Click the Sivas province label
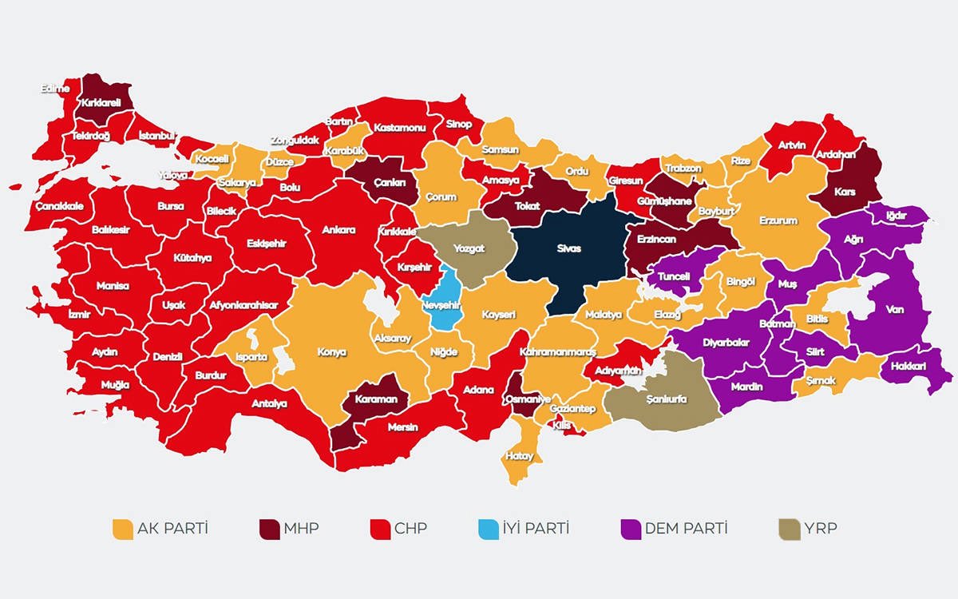[569, 249]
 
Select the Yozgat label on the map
[469, 249]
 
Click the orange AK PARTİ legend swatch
[123, 529]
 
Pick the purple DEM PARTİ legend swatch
[631, 529]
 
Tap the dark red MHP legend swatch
[269, 529]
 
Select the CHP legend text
[410, 529]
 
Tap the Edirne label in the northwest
[56, 89]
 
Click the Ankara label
[338, 230]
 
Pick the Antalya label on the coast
[269, 403]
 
